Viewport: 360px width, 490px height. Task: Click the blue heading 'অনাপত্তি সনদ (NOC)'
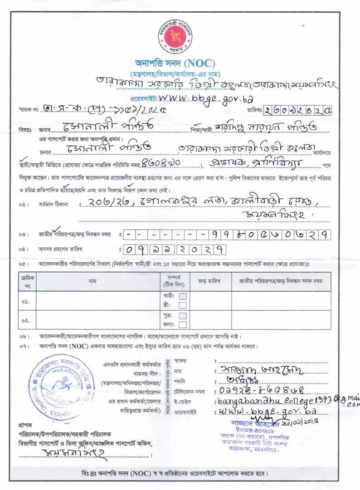(175, 63)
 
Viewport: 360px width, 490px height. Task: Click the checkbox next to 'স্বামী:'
(182, 296)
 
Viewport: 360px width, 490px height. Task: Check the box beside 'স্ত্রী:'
(182, 304)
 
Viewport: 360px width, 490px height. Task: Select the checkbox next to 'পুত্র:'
(182, 315)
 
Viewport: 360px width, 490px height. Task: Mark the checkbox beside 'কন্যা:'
(182, 324)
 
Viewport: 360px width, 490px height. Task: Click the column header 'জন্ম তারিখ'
(209, 281)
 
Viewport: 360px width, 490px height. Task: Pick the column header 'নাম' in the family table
(98, 281)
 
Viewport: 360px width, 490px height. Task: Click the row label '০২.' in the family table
(25, 320)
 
